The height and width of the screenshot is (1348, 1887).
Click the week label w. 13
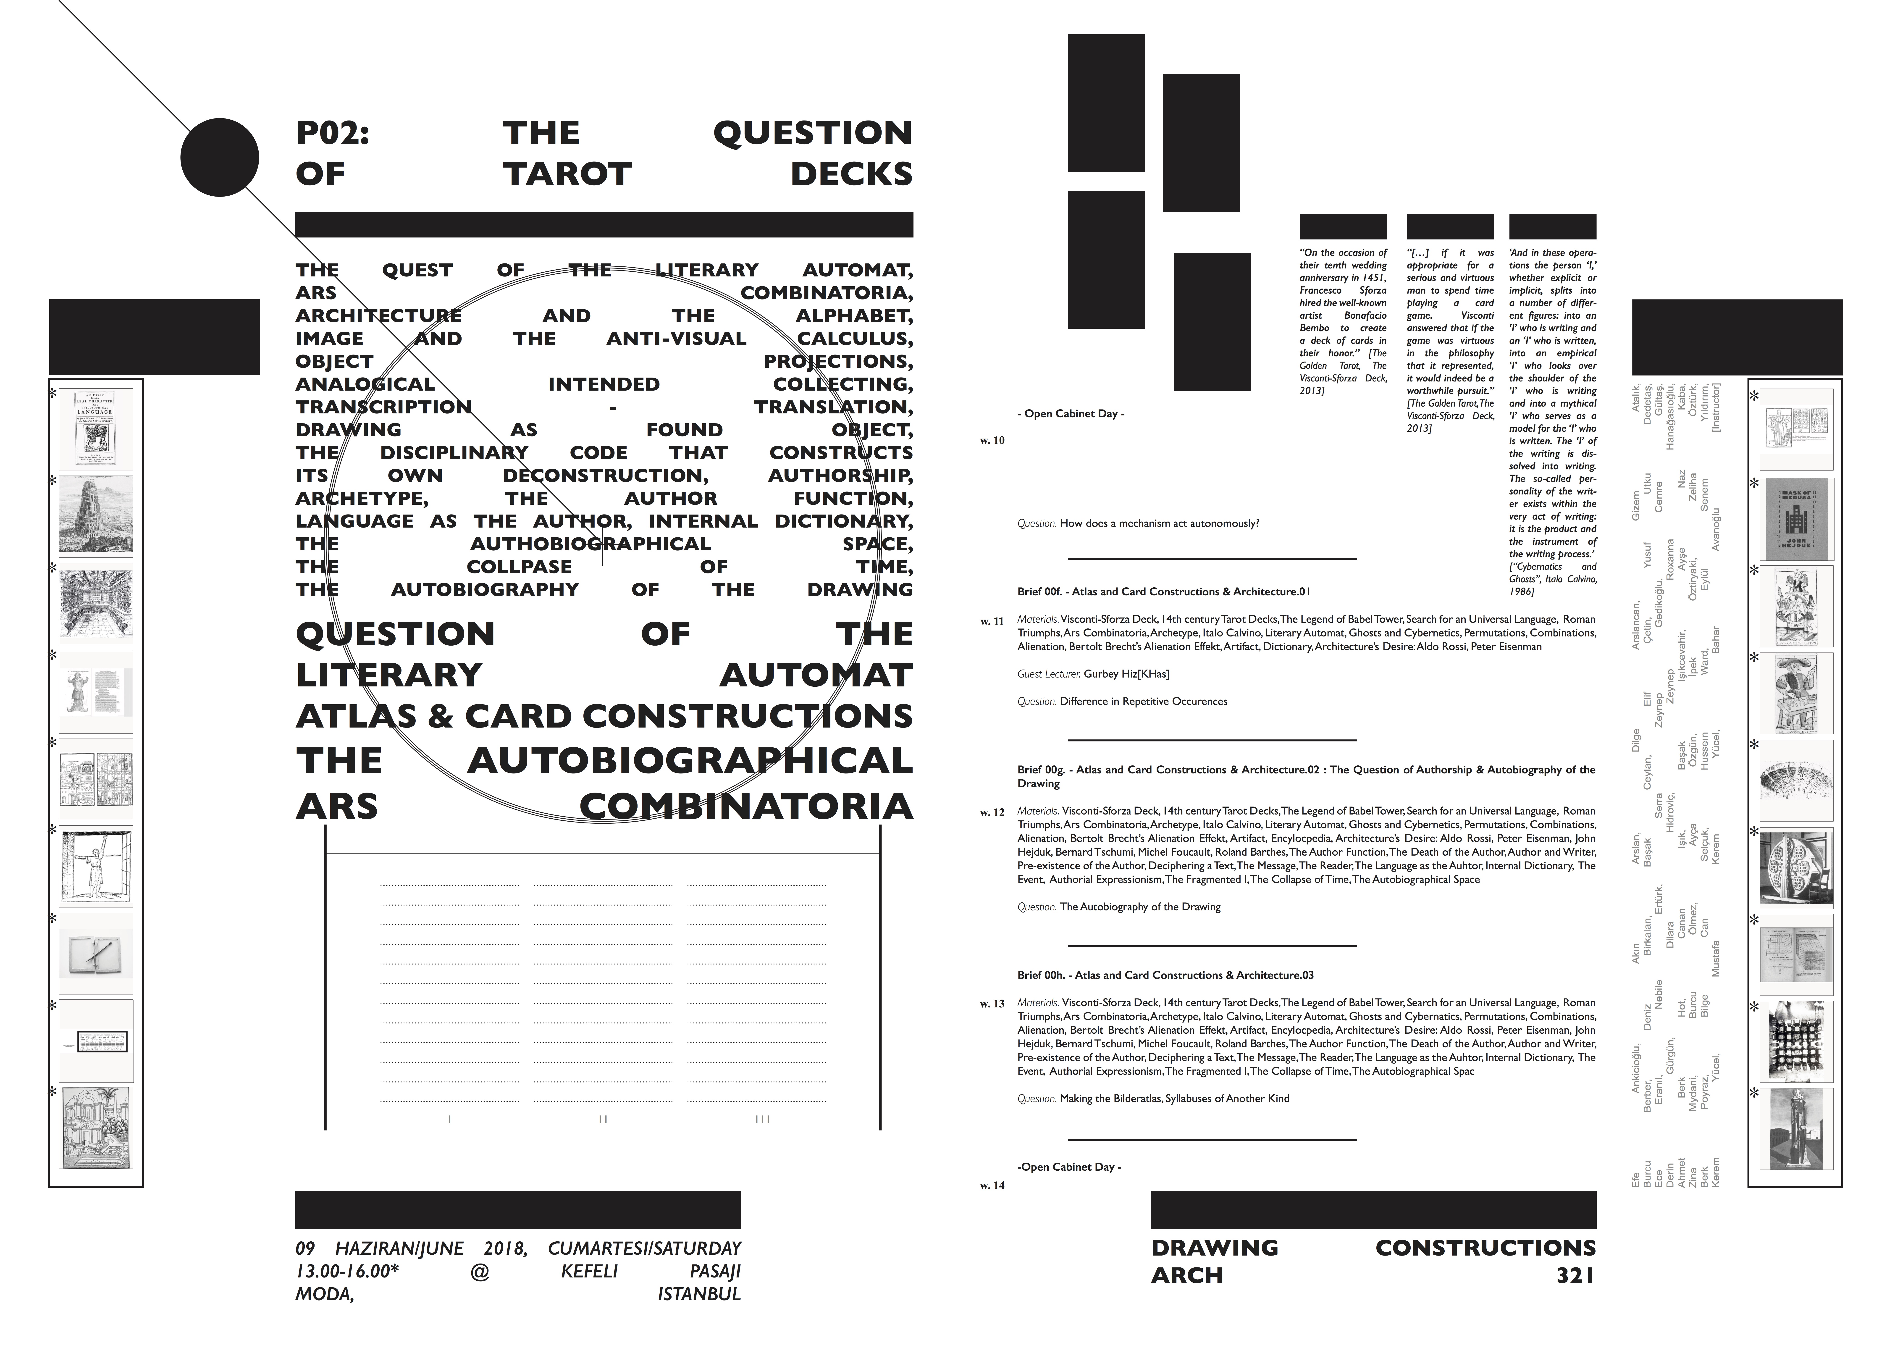pyautogui.click(x=992, y=1004)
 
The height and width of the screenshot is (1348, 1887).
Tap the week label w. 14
pyautogui.click(x=992, y=1185)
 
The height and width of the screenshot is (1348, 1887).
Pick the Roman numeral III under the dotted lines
pyautogui.click(x=763, y=1119)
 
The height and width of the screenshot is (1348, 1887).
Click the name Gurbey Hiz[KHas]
pyautogui.click(x=1126, y=674)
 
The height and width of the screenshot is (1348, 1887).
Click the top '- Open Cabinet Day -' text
pyautogui.click(x=1071, y=413)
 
